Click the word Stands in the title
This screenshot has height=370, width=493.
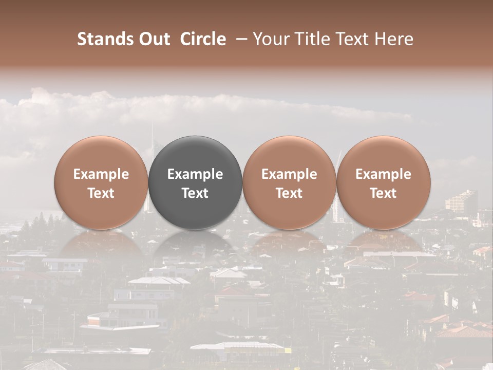pos(106,39)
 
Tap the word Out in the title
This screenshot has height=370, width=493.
pos(154,39)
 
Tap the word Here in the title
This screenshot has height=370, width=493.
pos(394,39)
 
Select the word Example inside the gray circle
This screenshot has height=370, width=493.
pos(195,174)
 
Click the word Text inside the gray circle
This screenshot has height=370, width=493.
pos(195,193)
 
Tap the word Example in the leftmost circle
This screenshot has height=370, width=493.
pos(101,174)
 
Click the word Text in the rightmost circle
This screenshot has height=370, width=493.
pos(384,193)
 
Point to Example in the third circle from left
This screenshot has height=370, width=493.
pos(289,174)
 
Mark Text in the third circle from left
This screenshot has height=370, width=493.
pos(289,193)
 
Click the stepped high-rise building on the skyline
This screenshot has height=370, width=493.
pos(461,200)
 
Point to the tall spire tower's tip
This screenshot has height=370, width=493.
pos(153,123)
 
